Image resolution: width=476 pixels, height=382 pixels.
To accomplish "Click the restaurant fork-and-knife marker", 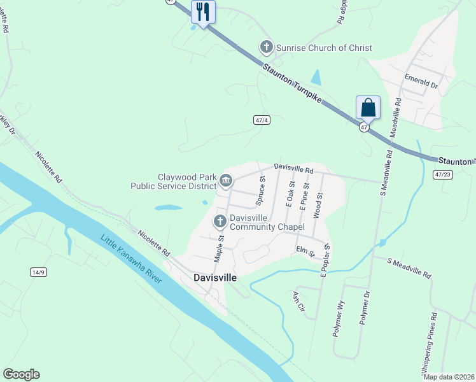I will pyautogui.click(x=203, y=11).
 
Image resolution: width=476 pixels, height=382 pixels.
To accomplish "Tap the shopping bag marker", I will pyautogui.click(x=368, y=108).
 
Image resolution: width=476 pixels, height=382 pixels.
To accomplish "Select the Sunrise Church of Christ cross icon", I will pyautogui.click(x=266, y=47).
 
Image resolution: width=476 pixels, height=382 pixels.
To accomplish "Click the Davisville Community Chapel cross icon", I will pyautogui.click(x=220, y=222).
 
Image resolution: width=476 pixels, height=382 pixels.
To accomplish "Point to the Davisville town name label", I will pyautogui.click(x=214, y=278).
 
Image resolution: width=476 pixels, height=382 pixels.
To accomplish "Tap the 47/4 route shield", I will pyautogui.click(x=262, y=120).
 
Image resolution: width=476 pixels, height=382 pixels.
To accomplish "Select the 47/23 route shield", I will pyautogui.click(x=443, y=174).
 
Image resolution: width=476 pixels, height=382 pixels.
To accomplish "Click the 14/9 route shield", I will pyautogui.click(x=38, y=272).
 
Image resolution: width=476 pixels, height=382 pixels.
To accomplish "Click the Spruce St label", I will pyautogui.click(x=260, y=192).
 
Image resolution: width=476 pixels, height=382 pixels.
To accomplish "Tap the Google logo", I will pyautogui.click(x=21, y=374).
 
